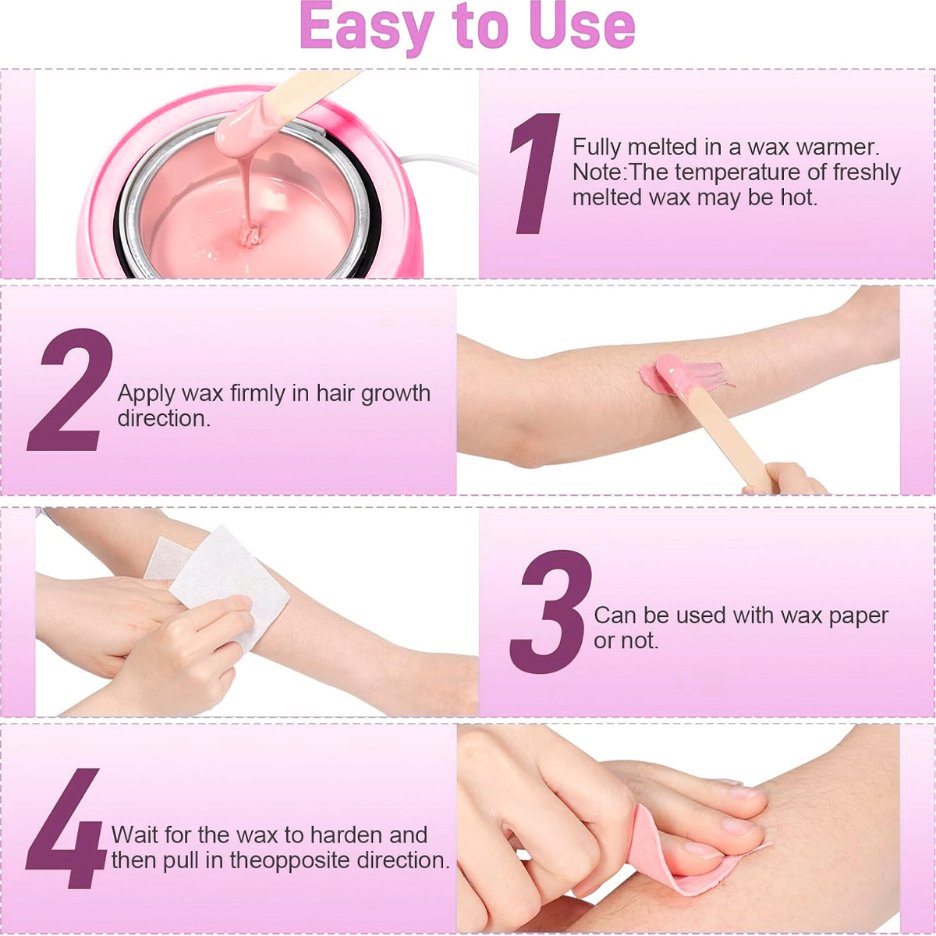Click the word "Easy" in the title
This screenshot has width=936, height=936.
point(367,27)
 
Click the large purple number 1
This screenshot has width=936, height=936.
point(534,173)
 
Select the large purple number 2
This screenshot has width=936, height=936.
point(70,389)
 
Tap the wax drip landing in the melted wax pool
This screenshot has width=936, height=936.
point(251,236)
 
